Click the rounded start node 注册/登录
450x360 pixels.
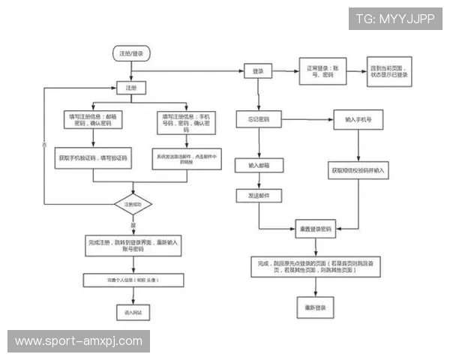(130, 53)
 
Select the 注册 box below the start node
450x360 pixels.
(131, 88)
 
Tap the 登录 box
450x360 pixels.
(258, 70)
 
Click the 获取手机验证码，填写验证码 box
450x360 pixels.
(93, 159)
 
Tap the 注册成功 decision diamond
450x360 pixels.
(133, 203)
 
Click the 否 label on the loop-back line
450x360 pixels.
(44, 143)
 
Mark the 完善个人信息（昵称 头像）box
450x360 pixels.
(133, 280)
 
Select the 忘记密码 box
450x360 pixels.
(258, 119)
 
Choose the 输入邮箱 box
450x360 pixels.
(258, 164)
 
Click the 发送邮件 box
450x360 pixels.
(258, 196)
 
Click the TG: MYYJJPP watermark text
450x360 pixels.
(394, 18)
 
